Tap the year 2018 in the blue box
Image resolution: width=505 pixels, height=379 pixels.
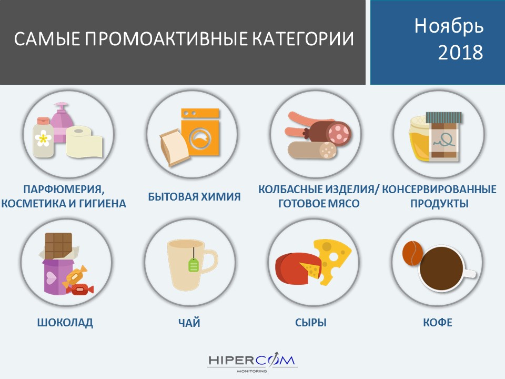click(x=461, y=52)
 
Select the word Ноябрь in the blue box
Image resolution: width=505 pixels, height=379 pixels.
click(x=449, y=26)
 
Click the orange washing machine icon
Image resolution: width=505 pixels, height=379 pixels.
click(x=200, y=133)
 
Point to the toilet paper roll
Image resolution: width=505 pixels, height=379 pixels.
click(x=84, y=142)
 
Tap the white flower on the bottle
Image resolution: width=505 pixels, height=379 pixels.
click(x=43, y=138)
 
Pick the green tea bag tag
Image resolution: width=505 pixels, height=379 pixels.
click(x=193, y=265)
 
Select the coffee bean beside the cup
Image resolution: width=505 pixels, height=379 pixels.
click(x=412, y=253)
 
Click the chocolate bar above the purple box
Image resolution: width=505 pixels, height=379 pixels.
click(x=58, y=246)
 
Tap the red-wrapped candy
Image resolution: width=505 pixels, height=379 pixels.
click(x=79, y=289)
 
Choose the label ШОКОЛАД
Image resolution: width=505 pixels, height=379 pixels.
click(x=65, y=323)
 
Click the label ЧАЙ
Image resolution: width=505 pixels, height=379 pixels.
click(x=189, y=323)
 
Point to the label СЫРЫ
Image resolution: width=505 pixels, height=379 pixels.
click(x=311, y=323)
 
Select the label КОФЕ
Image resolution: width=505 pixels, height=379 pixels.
click(x=437, y=323)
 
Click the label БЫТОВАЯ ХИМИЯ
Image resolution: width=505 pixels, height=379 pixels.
click(x=194, y=196)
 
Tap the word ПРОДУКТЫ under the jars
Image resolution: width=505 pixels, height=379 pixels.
click(x=439, y=204)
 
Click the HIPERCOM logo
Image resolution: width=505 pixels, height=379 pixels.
click(x=251, y=363)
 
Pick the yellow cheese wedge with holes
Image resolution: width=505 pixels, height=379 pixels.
click(x=332, y=260)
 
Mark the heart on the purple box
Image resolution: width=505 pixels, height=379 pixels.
click(x=51, y=277)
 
